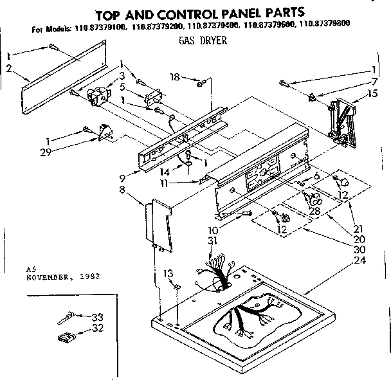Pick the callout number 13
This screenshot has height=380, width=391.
[x=168, y=273]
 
